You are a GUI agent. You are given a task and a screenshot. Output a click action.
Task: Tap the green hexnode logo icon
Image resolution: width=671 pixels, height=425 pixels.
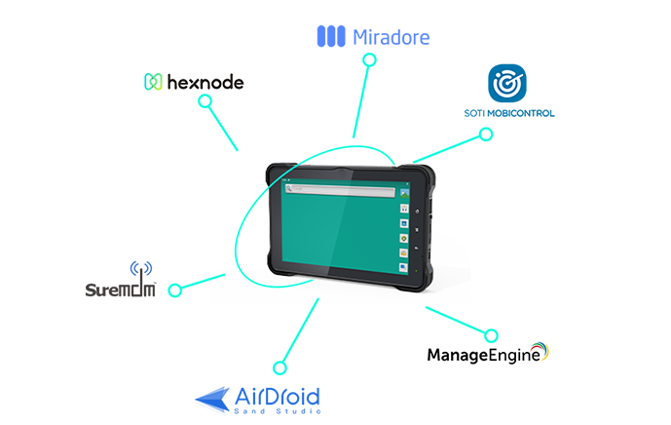(x=152, y=83)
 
